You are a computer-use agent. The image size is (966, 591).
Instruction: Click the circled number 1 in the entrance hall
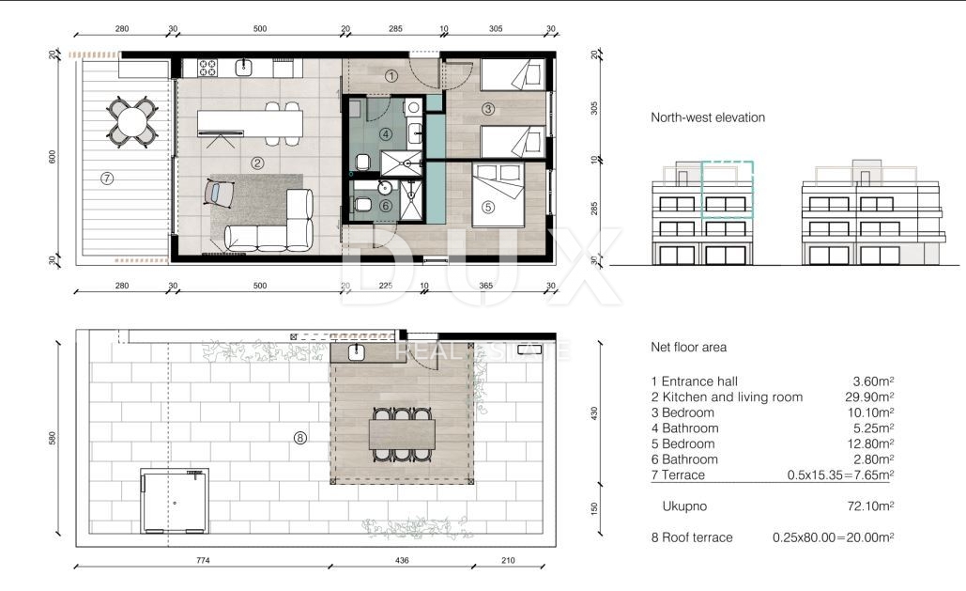tap(391, 76)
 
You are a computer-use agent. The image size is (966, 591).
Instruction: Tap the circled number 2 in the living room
tap(257, 163)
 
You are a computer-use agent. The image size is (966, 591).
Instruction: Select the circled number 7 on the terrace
tap(107, 179)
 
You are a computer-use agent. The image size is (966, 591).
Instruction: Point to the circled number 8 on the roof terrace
tap(300, 438)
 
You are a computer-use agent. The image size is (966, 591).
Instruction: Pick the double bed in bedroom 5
tap(498, 194)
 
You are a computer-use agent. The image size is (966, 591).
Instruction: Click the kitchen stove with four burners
tap(207, 68)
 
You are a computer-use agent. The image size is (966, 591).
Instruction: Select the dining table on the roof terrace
tap(403, 434)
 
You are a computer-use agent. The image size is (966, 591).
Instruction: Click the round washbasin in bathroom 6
tap(386, 188)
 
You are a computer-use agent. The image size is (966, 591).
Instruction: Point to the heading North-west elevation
tap(708, 117)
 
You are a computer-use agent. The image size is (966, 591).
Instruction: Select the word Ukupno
tap(684, 505)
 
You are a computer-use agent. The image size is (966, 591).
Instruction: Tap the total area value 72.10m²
tap(870, 505)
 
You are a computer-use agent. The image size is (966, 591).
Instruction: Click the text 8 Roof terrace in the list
tap(692, 537)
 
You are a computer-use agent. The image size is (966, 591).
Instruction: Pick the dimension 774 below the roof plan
tap(203, 560)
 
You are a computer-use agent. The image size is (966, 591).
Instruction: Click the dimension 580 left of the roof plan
tap(53, 438)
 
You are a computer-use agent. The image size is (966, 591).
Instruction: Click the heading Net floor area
tap(688, 347)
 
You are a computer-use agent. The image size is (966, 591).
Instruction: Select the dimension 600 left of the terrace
tap(53, 157)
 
